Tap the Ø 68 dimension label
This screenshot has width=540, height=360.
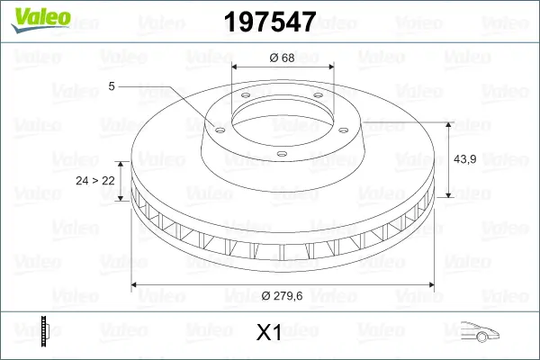click(x=283, y=58)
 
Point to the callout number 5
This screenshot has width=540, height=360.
click(x=112, y=85)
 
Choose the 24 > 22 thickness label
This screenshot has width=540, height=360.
click(x=95, y=181)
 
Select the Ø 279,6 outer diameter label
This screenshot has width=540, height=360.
click(x=283, y=298)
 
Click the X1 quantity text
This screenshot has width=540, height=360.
click(x=269, y=333)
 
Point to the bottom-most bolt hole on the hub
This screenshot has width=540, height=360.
click(x=281, y=154)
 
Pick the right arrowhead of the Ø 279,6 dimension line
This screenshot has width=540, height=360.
click(x=431, y=285)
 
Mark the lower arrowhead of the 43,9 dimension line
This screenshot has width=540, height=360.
click(x=448, y=193)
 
